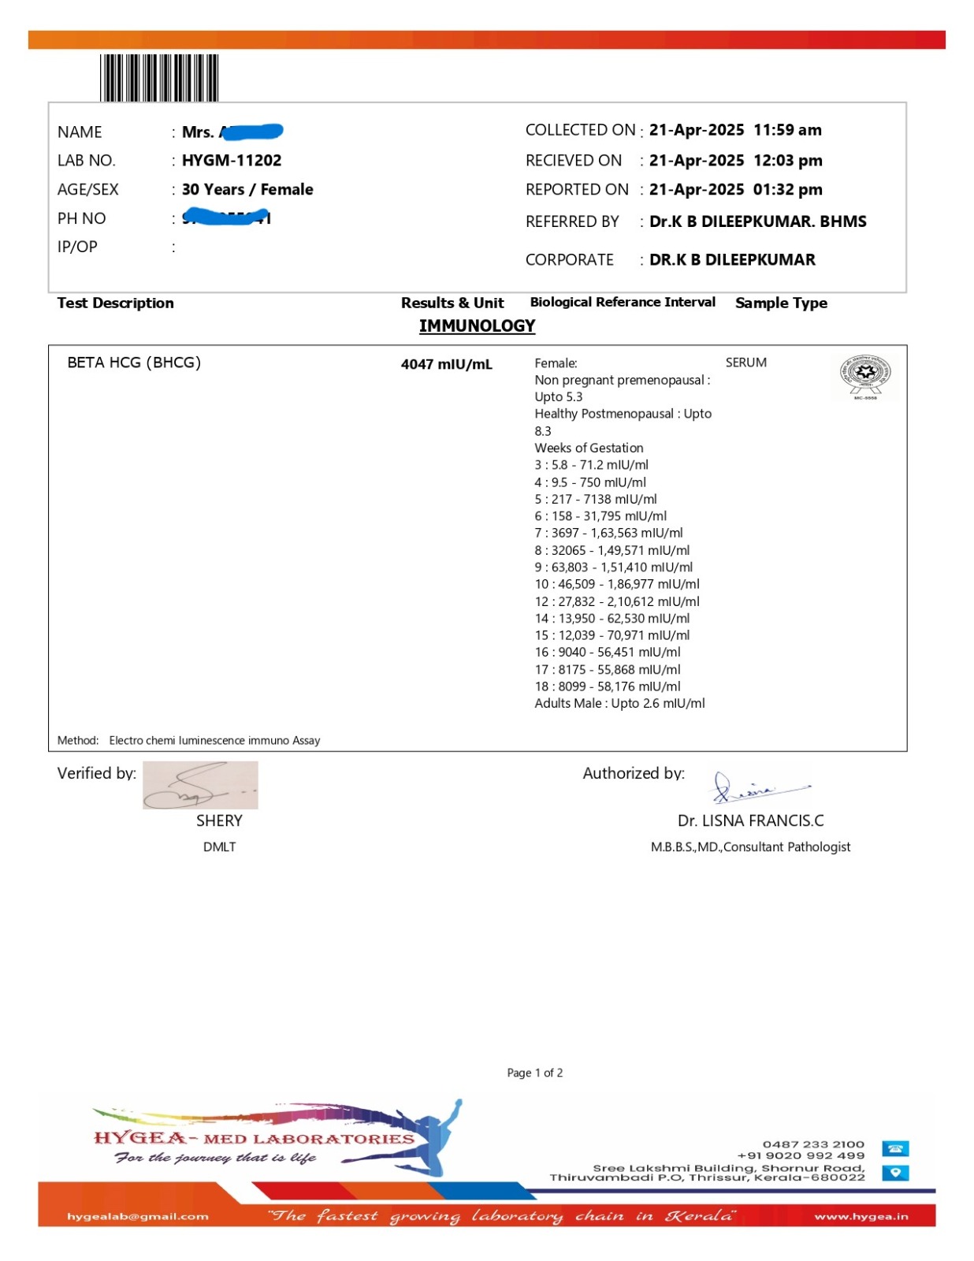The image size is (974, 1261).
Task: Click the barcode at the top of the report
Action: coord(159,77)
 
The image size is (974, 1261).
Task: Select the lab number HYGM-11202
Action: coord(232,161)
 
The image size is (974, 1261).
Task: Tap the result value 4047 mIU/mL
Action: coord(446,364)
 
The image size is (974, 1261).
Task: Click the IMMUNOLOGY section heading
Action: coord(477,326)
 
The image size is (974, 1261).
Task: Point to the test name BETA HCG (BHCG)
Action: coord(134,363)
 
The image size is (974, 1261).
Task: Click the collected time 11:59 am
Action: coord(787,130)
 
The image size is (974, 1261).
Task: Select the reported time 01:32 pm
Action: coord(787,190)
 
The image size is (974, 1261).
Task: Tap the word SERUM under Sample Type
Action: coord(745,363)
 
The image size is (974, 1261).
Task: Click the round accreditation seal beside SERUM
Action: coord(864,375)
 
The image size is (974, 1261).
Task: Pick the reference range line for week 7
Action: coord(608,534)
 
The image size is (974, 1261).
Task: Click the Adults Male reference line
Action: coord(619,704)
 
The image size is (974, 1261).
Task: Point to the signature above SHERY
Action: coord(200,785)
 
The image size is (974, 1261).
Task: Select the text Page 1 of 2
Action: coord(534,1073)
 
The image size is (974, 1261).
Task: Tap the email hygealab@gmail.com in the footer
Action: coord(138,1217)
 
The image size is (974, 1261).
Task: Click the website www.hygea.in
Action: coord(861,1217)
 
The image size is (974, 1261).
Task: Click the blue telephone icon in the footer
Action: coord(895,1149)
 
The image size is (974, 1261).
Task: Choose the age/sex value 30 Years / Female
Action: coord(247,190)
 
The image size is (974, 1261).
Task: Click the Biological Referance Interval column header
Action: coord(623,303)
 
